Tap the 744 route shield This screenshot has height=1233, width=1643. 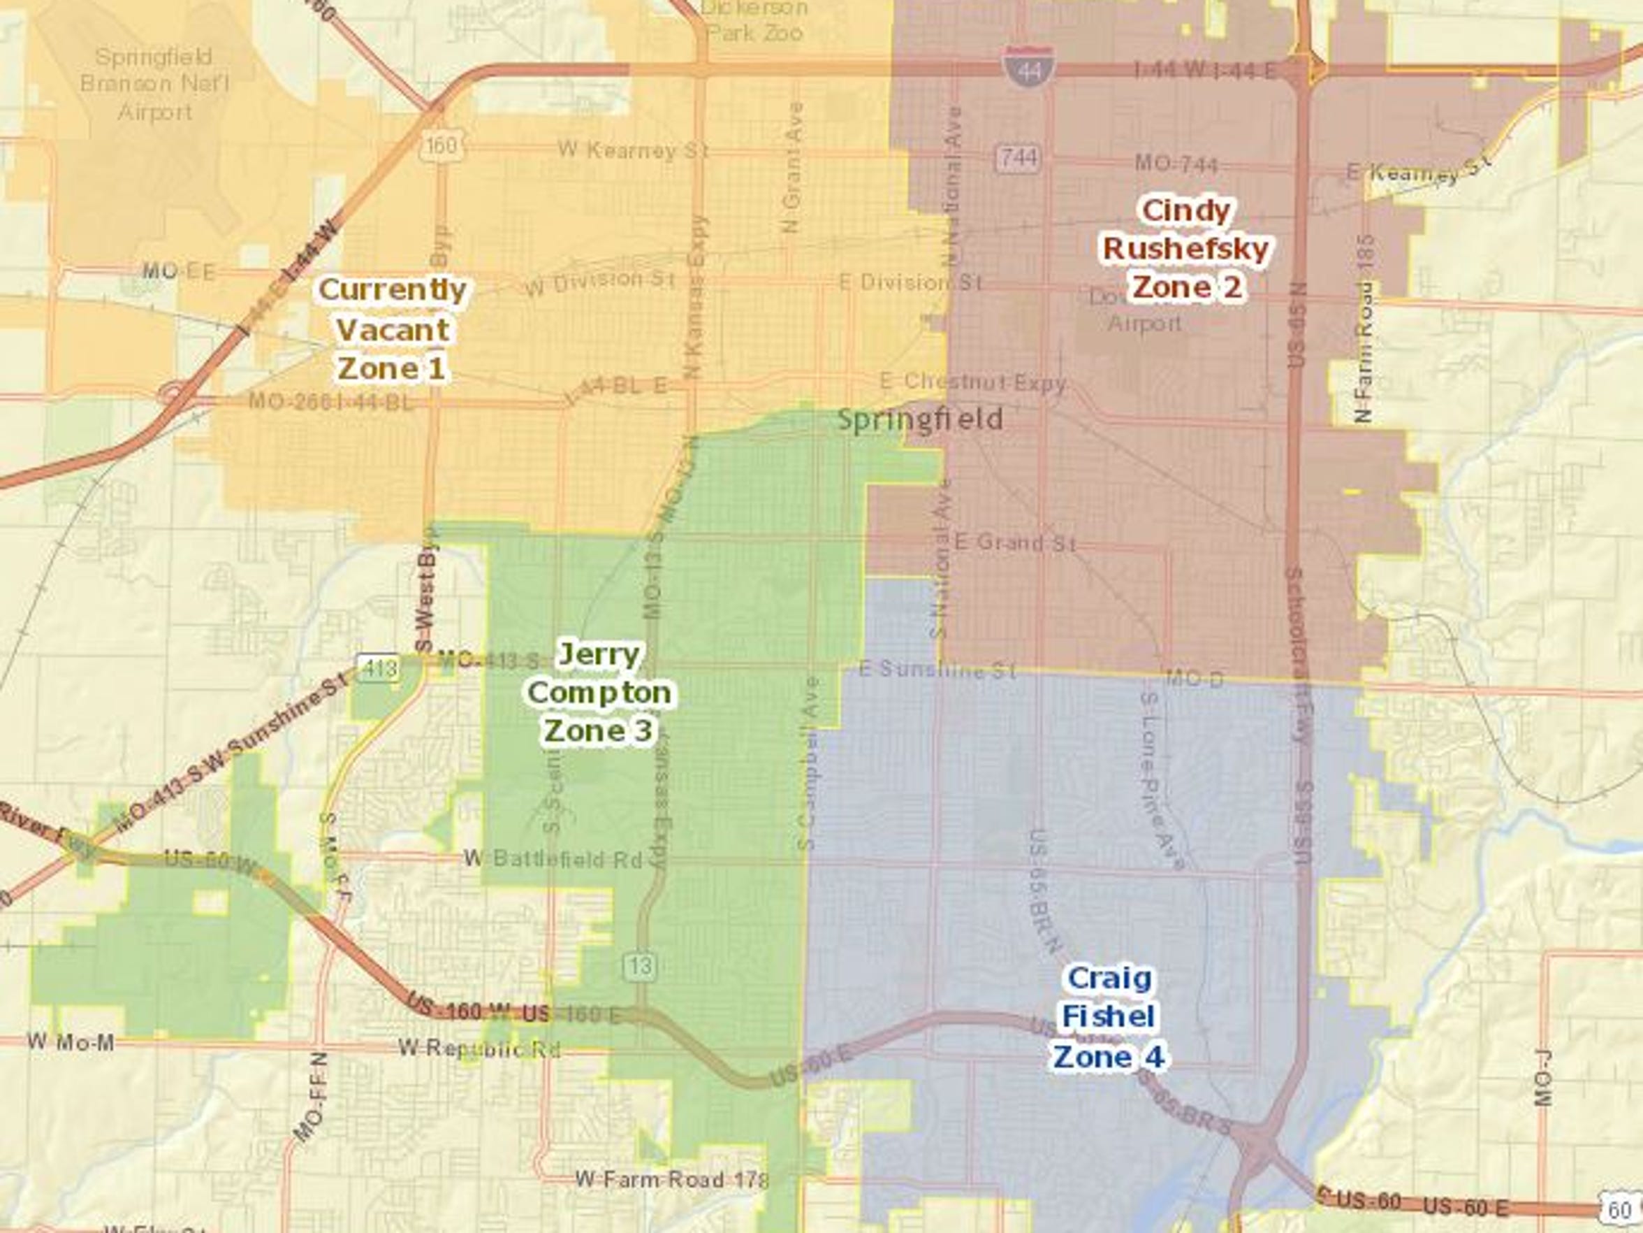1018,157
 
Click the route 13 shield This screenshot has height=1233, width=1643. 639,965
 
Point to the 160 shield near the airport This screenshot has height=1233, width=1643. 441,145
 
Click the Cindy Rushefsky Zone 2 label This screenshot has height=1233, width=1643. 1186,249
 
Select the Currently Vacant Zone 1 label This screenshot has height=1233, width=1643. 392,329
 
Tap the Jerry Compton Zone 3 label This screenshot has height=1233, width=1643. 599,693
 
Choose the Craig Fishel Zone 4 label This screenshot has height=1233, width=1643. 1109,1017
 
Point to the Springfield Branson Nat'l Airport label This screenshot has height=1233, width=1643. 154,84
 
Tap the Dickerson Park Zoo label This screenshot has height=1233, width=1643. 754,21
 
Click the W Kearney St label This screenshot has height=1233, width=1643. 633,150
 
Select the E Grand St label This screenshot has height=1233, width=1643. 1014,542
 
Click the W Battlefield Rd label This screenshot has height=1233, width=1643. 553,858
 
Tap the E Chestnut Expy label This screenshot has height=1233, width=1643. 972,383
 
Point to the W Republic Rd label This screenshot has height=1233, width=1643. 479,1048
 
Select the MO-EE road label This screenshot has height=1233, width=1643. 178,271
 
